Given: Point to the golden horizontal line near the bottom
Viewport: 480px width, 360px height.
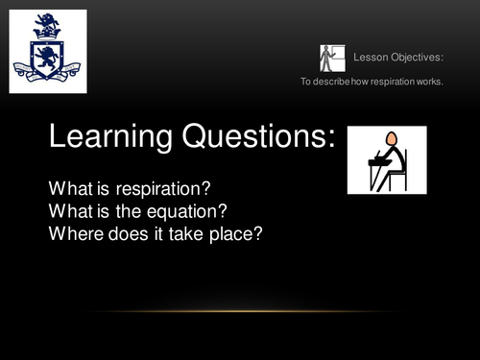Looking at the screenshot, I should [240, 311].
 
